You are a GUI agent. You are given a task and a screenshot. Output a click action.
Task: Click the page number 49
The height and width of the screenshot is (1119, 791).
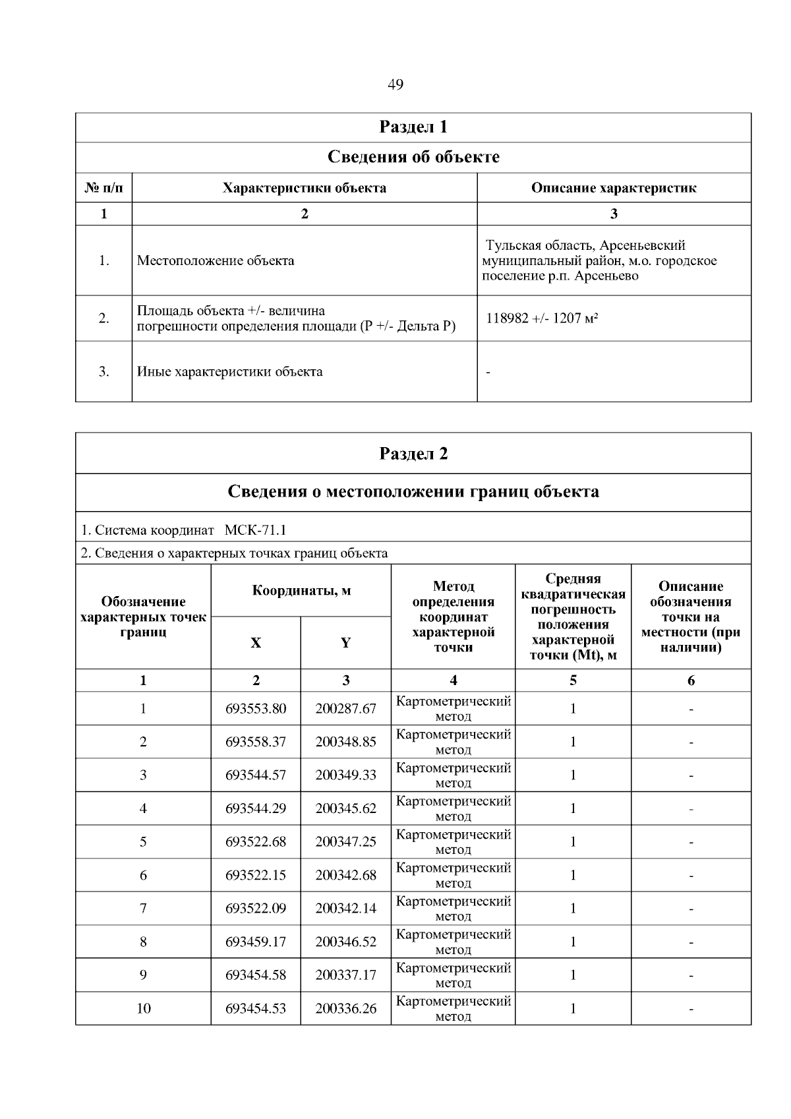click(395, 84)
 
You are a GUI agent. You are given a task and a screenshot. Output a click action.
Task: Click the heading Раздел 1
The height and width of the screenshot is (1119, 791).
click(413, 127)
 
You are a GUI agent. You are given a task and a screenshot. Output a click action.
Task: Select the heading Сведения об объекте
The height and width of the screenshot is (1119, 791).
click(413, 157)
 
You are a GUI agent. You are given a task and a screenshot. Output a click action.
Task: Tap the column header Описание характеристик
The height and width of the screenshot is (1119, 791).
click(614, 188)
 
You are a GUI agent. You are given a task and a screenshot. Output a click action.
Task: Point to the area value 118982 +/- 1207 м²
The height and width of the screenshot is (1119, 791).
click(542, 318)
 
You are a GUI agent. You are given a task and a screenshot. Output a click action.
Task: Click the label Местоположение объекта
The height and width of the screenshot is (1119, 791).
click(216, 260)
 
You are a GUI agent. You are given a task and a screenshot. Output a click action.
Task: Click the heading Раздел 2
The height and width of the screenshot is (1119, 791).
click(413, 454)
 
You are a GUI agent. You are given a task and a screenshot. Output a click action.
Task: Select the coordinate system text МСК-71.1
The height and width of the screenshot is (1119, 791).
click(256, 530)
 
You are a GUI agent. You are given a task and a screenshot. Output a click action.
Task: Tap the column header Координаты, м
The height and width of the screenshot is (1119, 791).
click(301, 590)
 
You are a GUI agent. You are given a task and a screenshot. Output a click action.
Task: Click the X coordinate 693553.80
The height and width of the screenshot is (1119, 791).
click(256, 709)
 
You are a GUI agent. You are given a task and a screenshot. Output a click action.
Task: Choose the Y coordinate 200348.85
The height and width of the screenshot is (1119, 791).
click(345, 742)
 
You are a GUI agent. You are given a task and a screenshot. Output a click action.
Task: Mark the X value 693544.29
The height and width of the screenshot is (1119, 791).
click(256, 808)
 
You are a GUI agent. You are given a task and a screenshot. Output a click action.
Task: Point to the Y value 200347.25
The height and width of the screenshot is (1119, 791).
click(345, 842)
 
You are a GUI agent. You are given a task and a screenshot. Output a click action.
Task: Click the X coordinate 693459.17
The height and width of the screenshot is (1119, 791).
click(256, 942)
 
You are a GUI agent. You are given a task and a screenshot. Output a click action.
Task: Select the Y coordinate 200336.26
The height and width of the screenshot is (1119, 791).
click(345, 1009)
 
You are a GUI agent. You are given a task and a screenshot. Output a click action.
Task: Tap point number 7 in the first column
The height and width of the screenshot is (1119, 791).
click(143, 909)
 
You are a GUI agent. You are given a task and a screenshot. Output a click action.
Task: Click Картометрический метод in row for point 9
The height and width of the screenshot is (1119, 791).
click(453, 975)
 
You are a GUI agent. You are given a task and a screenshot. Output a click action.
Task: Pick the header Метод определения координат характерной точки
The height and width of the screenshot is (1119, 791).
click(453, 617)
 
